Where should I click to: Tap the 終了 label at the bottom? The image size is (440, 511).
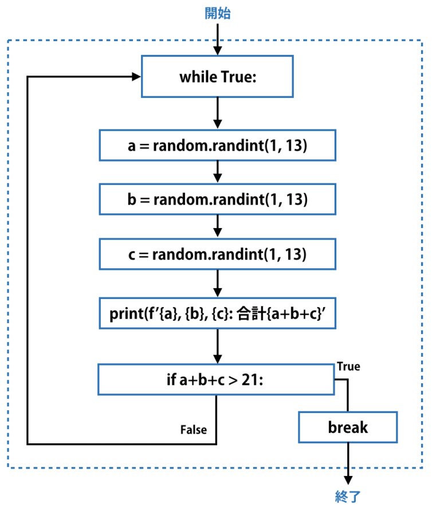click(x=348, y=496)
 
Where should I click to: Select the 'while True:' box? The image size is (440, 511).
click(x=217, y=76)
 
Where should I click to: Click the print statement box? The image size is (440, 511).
click(x=217, y=314)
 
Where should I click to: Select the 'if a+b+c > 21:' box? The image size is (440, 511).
click(x=215, y=379)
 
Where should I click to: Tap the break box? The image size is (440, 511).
click(x=348, y=427)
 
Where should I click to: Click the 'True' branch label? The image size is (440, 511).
click(x=348, y=367)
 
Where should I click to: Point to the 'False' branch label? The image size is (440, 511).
click(x=194, y=429)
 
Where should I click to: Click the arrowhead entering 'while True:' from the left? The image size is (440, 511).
click(x=136, y=76)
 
